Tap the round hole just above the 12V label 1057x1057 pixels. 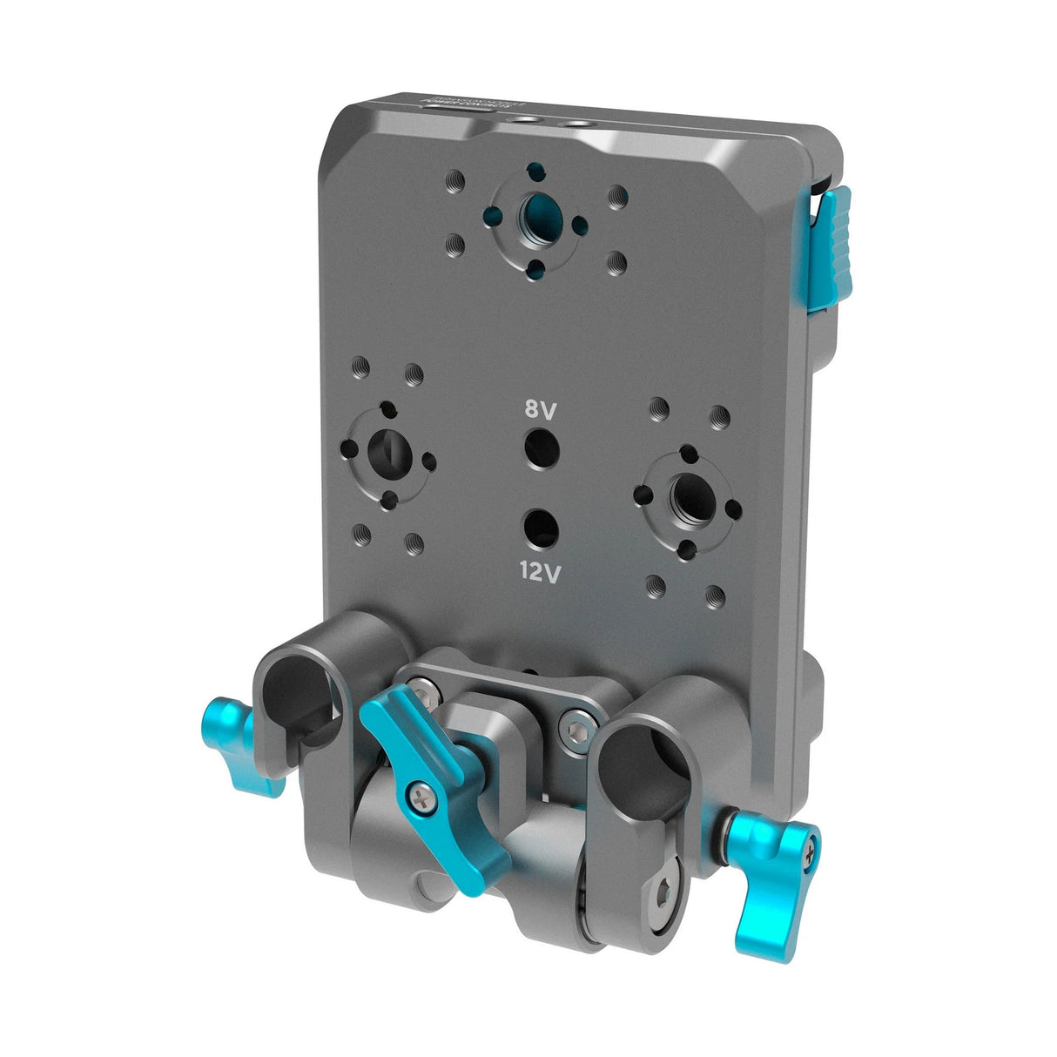(x=542, y=528)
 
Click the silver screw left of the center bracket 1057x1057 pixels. (x=422, y=694)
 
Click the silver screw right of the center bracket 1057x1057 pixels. (x=576, y=718)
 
